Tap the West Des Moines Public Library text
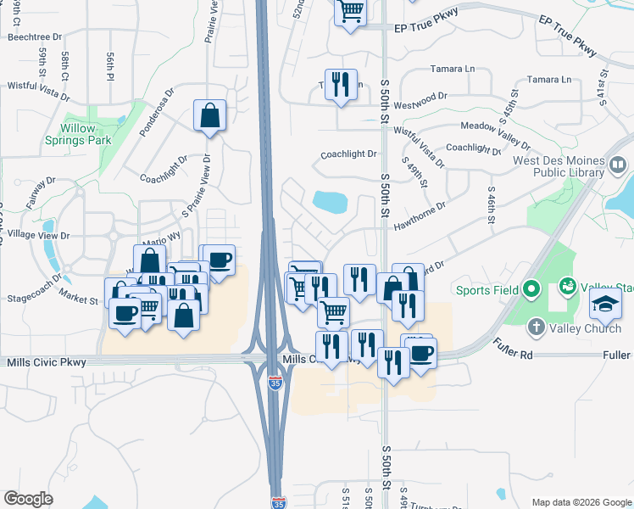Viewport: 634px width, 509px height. [x=559, y=166]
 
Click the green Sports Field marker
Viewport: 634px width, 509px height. [x=531, y=290]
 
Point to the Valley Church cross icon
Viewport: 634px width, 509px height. [x=536, y=327]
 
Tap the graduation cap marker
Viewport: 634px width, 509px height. [x=605, y=303]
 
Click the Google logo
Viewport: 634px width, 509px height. [x=28, y=498]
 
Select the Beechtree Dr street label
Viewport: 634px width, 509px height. [x=34, y=37]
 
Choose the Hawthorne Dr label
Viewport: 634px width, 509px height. [x=420, y=215]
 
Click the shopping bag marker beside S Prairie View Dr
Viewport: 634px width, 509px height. [x=209, y=115]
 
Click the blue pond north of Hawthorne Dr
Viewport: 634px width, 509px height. [x=330, y=202]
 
